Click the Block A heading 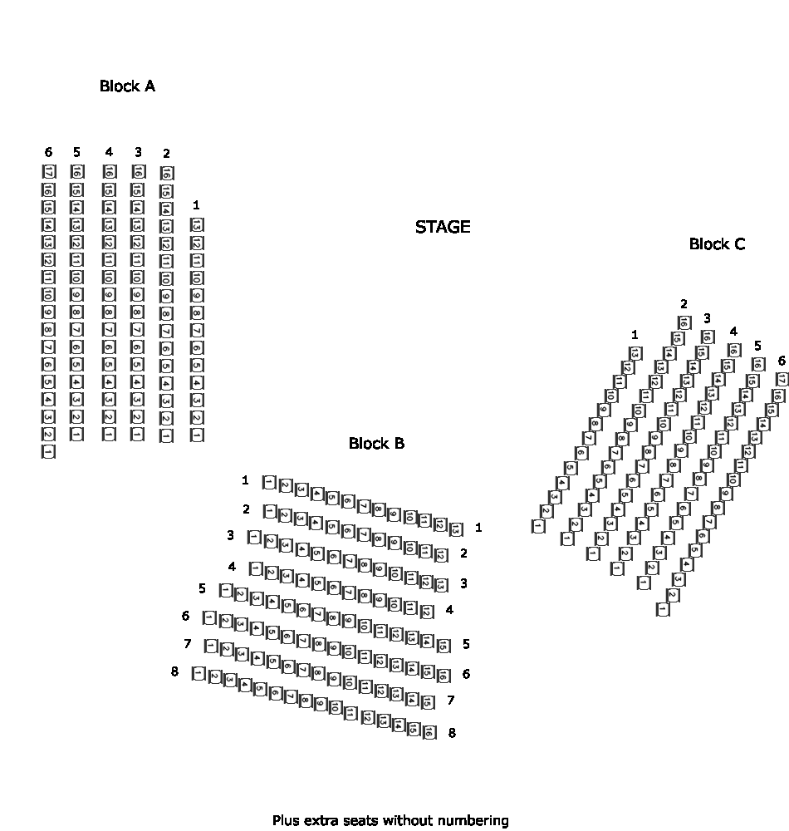127,86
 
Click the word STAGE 443,227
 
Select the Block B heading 376,444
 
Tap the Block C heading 717,244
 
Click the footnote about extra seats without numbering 390,820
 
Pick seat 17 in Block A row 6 48,172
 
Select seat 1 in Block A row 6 48,452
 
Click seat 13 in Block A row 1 197,225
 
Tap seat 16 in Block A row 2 166,174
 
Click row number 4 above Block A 109,152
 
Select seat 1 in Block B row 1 269,482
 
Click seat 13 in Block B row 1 455,529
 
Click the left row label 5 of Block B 203,588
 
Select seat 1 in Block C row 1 538,526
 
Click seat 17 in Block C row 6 782,380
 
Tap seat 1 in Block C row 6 663,610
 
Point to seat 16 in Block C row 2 684,322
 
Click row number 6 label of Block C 781,360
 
